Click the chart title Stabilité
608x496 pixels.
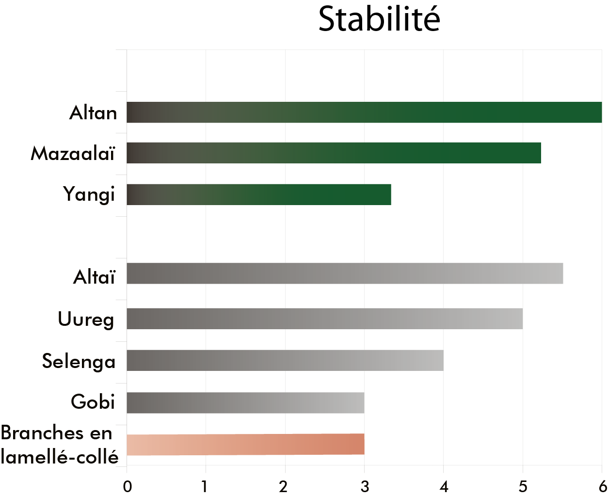tap(379, 20)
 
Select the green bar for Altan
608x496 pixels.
tap(364, 112)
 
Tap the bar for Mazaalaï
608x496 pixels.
tap(334, 153)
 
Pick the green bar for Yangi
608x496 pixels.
tap(258, 194)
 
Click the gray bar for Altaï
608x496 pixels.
tap(344, 273)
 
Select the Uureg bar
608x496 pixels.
tap(324, 319)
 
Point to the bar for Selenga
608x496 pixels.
tap(285, 360)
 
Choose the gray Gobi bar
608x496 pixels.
tap(245, 402)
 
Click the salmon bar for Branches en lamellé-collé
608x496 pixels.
tap(245, 444)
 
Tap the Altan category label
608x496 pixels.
tap(93, 113)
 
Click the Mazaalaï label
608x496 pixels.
tap(73, 154)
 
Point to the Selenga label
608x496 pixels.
tap(79, 362)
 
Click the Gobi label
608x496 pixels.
tap(93, 402)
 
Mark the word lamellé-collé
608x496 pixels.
tap(60, 457)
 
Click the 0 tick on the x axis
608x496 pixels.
tap(128, 486)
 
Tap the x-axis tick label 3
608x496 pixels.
tap(365, 486)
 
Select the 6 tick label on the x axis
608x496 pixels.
tap(602, 486)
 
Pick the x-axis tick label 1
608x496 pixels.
tap(205, 486)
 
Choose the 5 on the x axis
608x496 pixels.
tap(523, 486)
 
